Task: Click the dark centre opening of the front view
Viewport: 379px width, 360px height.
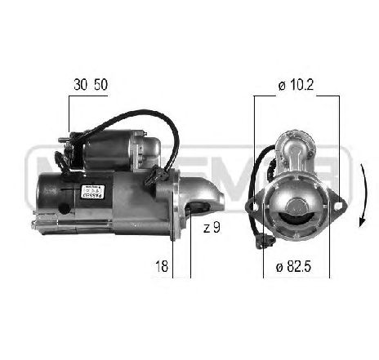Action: click(294, 214)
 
